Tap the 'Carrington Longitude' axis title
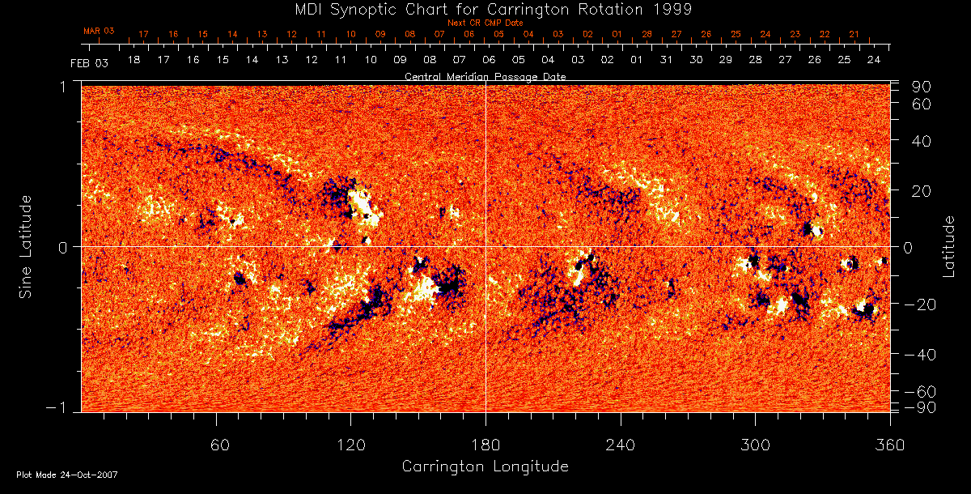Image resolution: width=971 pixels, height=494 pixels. point(485,466)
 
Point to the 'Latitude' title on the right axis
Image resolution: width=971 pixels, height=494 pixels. point(949,246)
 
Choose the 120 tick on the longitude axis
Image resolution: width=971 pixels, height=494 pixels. point(351,445)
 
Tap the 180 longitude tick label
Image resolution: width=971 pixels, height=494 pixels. point(485,445)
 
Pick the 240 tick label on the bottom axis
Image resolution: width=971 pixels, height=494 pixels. point(621,445)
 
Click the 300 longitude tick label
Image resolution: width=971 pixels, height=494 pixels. point(755,445)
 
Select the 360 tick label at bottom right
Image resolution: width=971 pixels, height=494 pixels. point(889,445)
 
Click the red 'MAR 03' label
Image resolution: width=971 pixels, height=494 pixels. point(99,30)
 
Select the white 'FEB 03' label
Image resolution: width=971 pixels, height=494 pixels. point(89,62)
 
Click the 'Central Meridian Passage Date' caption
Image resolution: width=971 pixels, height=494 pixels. point(485,76)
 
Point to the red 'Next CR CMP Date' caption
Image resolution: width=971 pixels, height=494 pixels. point(485,23)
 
